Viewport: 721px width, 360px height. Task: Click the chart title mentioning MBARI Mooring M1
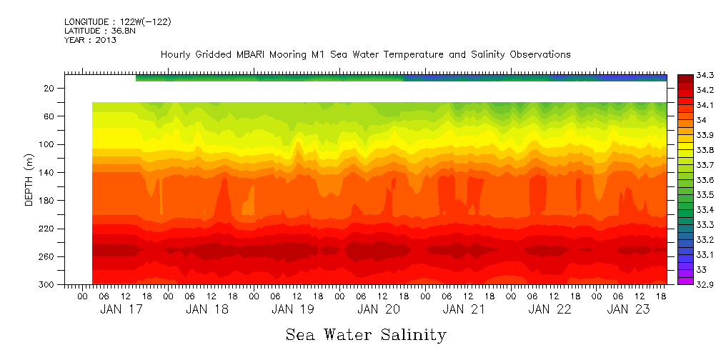(x=365, y=54)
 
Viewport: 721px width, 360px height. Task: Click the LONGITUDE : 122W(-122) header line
(x=117, y=22)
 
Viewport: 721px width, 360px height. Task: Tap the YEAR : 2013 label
(x=90, y=40)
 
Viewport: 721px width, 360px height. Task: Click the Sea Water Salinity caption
(x=366, y=334)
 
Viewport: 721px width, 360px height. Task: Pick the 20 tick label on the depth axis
(x=49, y=89)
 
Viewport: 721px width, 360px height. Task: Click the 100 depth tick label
(x=47, y=144)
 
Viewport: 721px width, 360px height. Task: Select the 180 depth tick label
(x=47, y=201)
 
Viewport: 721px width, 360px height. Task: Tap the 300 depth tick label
(x=47, y=285)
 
